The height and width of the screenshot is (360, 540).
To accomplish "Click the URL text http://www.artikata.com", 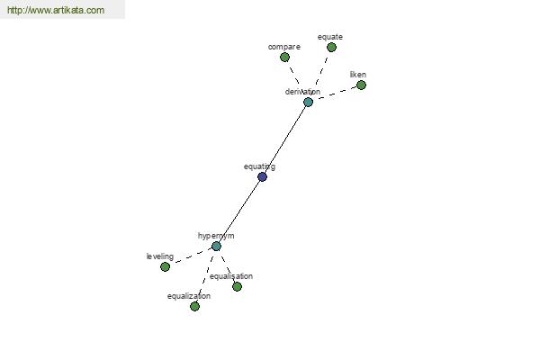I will pyautogui.click(x=55, y=11).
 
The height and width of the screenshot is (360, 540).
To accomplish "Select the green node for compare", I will pyautogui.click(x=284, y=57).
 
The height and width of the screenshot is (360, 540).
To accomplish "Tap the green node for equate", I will pyautogui.click(x=331, y=47).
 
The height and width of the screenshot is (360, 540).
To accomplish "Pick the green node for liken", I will pyautogui.click(x=361, y=85).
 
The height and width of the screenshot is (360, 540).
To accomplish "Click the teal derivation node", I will pyautogui.click(x=308, y=102).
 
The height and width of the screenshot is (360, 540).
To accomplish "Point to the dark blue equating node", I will pyautogui.click(x=262, y=176).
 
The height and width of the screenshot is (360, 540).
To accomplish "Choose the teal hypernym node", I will pyautogui.click(x=216, y=246).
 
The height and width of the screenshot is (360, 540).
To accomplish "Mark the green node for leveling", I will pyautogui.click(x=165, y=266).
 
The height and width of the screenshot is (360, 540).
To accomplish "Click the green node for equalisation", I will pyautogui.click(x=237, y=286).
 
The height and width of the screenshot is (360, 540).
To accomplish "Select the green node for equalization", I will pyautogui.click(x=194, y=306).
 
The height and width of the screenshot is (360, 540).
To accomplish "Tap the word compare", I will pyautogui.click(x=283, y=46).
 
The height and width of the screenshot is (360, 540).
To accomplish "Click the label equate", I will pyautogui.click(x=330, y=37).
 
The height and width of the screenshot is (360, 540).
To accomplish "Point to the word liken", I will pyautogui.click(x=358, y=75).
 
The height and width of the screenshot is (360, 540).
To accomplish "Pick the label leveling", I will pyautogui.click(x=160, y=256).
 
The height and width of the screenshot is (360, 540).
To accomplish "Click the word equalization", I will pyautogui.click(x=189, y=296).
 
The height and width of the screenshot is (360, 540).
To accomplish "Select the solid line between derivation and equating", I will pyautogui.click(x=285, y=139).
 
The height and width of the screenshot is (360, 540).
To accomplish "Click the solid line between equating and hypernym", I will pyautogui.click(x=238, y=211).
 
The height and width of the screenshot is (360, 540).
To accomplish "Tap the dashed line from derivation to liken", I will pyautogui.click(x=335, y=94).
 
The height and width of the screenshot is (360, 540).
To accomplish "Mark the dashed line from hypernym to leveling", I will pyautogui.click(x=190, y=256).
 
